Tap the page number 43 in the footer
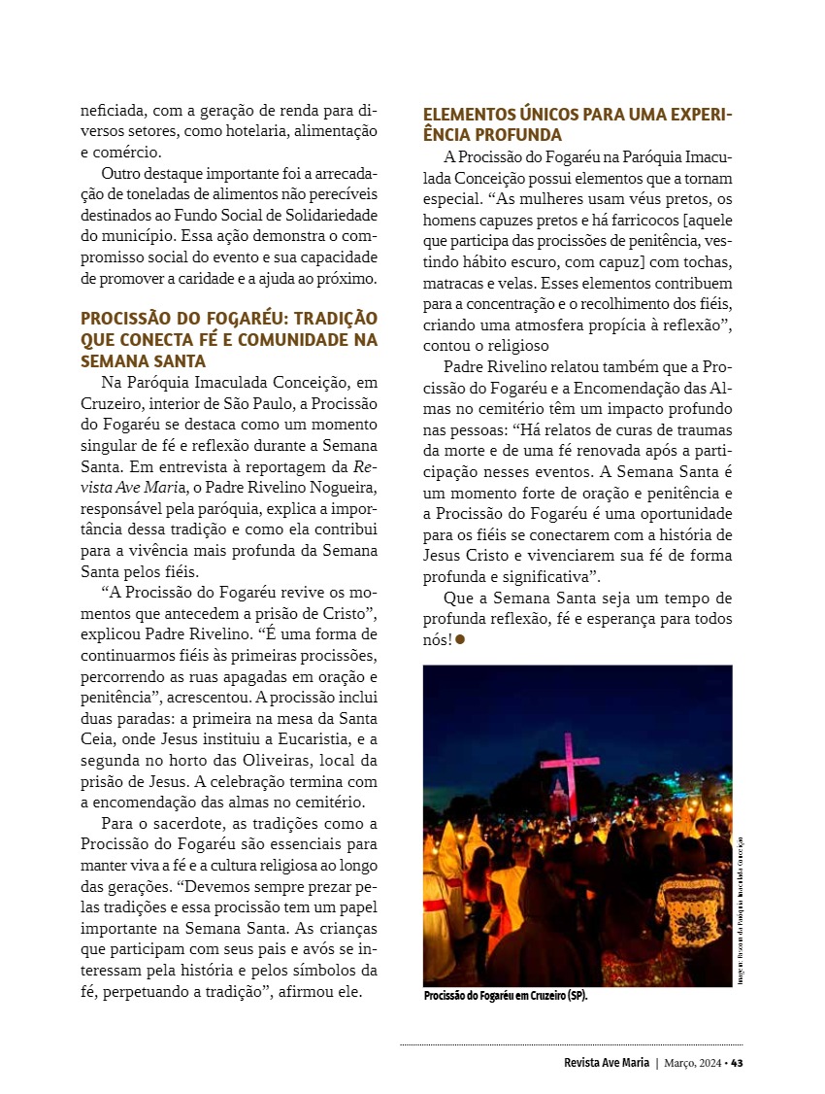[738, 1062]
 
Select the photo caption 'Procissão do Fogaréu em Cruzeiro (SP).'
[506, 997]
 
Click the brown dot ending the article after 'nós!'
[460, 639]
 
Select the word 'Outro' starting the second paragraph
[121, 173]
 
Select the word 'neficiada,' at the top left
[114, 111]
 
